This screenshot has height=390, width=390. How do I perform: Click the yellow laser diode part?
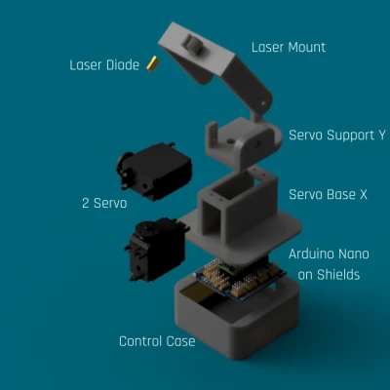[152, 63]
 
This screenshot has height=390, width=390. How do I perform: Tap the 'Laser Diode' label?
[104, 65]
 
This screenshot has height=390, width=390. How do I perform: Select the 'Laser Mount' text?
[289, 48]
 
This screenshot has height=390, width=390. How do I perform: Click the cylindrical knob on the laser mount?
[193, 44]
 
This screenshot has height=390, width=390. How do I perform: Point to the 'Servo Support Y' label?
[337, 135]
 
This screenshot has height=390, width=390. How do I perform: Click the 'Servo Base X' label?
[328, 194]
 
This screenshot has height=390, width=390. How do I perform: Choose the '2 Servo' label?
[104, 203]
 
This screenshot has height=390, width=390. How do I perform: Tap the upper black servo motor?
[154, 171]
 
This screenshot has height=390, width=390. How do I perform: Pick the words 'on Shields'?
[329, 275]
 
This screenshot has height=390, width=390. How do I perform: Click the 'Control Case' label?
[157, 341]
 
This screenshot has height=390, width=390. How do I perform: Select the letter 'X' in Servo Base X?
[363, 194]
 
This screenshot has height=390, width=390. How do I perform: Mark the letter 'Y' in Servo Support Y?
[381, 135]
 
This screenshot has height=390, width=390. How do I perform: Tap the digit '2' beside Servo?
[86, 204]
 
